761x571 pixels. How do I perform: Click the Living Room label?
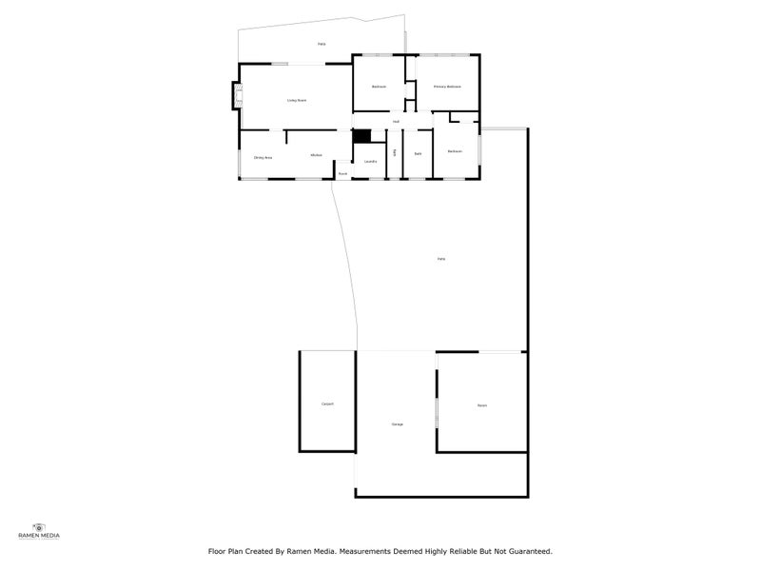click(297, 100)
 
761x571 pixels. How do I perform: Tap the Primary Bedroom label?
click(447, 87)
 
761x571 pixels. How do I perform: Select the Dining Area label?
click(263, 157)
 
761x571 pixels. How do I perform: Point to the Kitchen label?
click(316, 155)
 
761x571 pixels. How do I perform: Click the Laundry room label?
click(370, 161)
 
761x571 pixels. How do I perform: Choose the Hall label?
click(396, 122)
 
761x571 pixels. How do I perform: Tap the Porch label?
click(342, 173)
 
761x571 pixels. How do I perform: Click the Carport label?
click(327, 404)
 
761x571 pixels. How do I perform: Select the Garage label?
click(397, 423)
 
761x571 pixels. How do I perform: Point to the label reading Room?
click(481, 405)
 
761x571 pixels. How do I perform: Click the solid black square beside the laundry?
click(361, 136)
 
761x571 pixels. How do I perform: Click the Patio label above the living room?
click(322, 44)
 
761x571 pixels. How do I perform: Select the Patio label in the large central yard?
click(440, 259)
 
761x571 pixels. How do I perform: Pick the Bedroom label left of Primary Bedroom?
click(379, 87)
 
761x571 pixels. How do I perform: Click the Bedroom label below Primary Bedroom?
click(455, 151)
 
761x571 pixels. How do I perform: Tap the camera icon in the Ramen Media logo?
click(39, 526)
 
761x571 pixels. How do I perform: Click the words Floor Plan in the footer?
click(224, 550)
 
